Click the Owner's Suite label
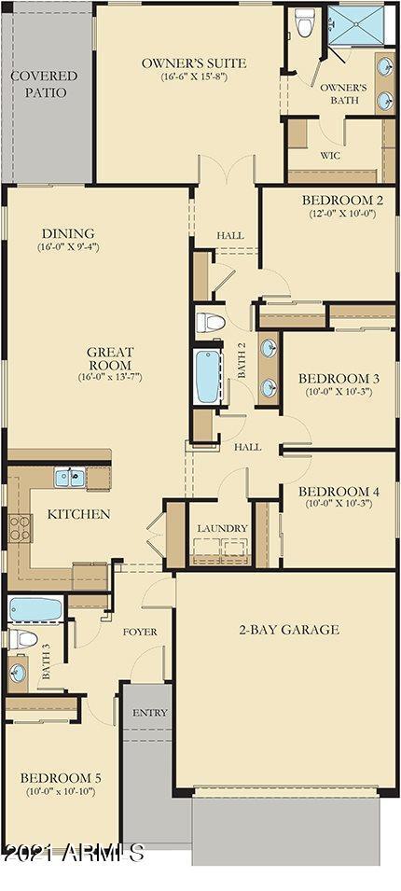(193, 63)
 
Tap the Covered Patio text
(44, 84)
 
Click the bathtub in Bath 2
(206, 376)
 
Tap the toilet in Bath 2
(211, 323)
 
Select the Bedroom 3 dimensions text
(338, 392)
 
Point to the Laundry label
(222, 528)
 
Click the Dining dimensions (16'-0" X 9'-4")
(68, 247)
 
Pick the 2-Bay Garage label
(286, 629)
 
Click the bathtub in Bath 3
(35, 610)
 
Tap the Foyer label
(140, 632)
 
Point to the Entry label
(149, 713)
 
